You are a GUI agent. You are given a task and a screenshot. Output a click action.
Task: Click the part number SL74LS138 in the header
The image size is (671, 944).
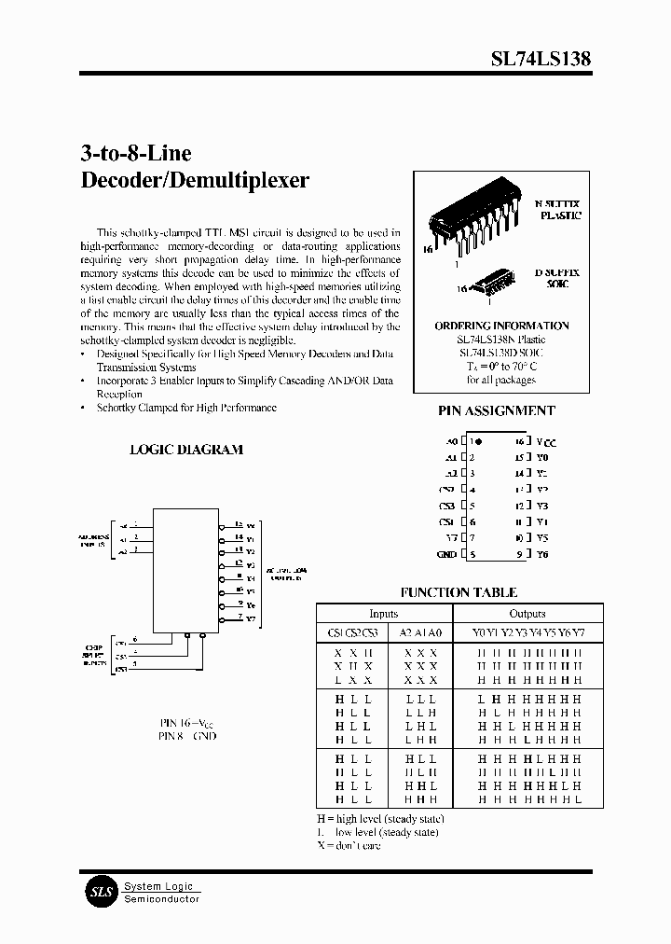[541, 58]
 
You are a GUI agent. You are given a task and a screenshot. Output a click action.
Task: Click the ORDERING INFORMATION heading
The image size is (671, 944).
[501, 326]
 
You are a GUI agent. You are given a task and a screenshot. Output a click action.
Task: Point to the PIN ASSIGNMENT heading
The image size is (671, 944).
[496, 410]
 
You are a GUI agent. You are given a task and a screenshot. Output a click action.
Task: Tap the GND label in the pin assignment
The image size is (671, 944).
[446, 554]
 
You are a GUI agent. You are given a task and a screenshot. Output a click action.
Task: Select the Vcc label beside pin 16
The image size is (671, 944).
[546, 441]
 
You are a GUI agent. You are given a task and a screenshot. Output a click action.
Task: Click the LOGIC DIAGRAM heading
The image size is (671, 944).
[185, 450]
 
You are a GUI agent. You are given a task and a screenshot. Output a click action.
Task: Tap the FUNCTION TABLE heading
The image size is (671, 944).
[459, 592]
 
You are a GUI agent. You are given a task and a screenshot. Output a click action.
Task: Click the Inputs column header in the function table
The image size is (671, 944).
[383, 614]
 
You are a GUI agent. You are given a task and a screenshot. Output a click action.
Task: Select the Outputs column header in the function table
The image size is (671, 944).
[527, 614]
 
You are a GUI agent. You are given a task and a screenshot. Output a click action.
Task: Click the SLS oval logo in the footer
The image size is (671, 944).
[100, 892]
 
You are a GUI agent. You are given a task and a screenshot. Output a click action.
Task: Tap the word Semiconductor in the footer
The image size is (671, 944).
[162, 898]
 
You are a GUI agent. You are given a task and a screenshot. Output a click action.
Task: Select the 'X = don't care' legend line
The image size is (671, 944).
[349, 845]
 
